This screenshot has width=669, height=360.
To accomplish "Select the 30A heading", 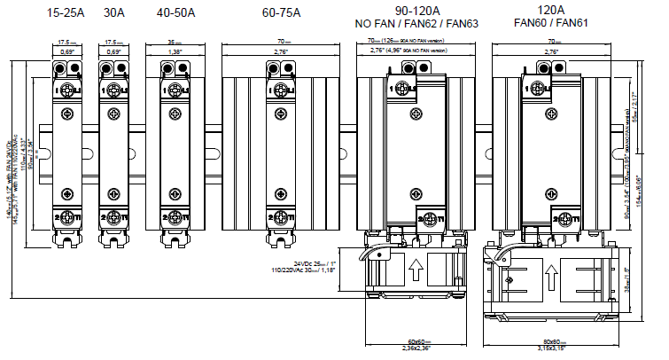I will [x=115, y=13].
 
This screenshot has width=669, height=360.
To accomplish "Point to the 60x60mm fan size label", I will [x=412, y=340].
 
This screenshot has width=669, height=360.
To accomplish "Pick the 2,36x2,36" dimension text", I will [x=412, y=348].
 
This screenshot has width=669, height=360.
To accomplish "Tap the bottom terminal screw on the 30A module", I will [x=115, y=217].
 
